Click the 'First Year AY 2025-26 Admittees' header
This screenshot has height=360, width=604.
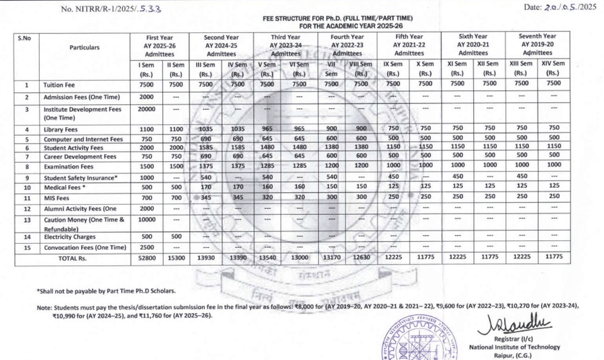(161, 45)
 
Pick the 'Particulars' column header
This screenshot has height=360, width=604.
(84, 48)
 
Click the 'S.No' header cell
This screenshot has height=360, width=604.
(26, 38)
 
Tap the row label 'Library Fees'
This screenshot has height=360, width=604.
(65, 129)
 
